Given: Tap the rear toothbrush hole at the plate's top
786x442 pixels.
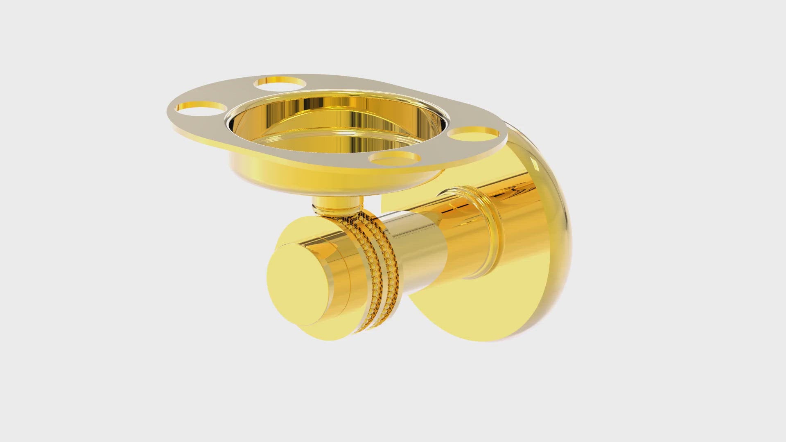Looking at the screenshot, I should coord(280,83).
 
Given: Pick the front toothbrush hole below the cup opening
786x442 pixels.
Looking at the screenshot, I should coord(395,158).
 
